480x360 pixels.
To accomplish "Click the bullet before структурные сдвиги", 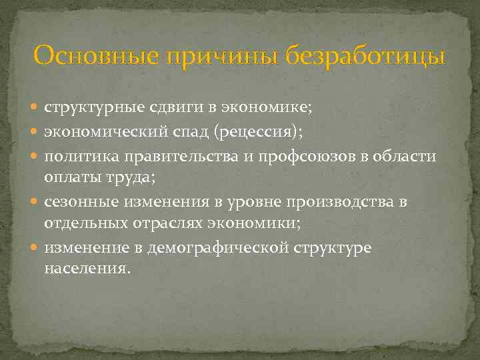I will click(x=36, y=109).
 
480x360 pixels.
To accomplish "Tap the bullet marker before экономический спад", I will click(x=36, y=132).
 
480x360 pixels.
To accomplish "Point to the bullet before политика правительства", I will click(x=36, y=155).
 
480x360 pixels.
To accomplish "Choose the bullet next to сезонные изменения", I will click(x=36, y=202).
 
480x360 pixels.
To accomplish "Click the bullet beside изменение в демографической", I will click(x=36, y=248).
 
